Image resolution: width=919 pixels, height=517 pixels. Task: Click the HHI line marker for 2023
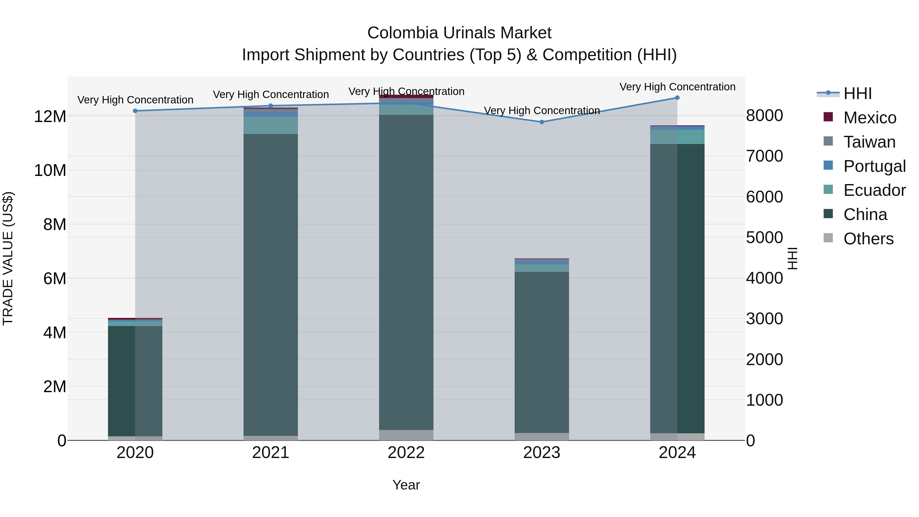(x=541, y=122)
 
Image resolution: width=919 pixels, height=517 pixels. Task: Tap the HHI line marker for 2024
(x=677, y=98)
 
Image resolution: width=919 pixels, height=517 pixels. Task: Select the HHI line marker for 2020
(x=135, y=111)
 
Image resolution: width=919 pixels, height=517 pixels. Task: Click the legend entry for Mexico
(x=869, y=118)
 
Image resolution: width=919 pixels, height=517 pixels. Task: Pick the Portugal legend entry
(x=874, y=166)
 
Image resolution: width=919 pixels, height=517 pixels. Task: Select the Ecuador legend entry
(x=874, y=190)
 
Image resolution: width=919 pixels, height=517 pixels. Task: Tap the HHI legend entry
(x=857, y=93)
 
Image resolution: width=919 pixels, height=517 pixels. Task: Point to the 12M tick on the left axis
(x=50, y=117)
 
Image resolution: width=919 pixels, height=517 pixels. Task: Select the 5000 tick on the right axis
(x=764, y=238)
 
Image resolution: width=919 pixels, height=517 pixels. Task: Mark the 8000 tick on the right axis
(x=764, y=116)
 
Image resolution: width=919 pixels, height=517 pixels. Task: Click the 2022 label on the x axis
(x=406, y=453)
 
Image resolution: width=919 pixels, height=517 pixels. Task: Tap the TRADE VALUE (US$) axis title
(x=8, y=258)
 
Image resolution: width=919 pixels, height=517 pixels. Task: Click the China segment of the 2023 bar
(x=541, y=353)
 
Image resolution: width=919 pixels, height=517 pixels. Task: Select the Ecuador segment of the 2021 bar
(x=270, y=125)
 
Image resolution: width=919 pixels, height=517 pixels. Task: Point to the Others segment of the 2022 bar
(x=406, y=435)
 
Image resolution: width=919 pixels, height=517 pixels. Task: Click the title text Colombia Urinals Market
(x=459, y=33)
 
